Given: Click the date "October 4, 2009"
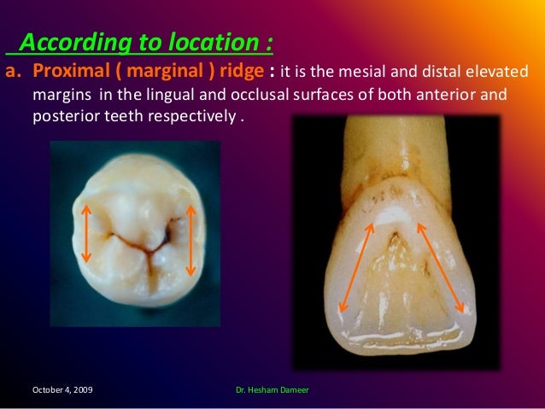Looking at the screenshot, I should pos(63,389).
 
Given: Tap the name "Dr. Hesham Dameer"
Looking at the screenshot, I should pos(272,389).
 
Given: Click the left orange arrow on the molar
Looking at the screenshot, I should pos(85,232).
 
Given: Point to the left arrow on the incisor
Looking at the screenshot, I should pos(358,267).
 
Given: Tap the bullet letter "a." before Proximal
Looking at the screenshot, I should pos(15,69).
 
